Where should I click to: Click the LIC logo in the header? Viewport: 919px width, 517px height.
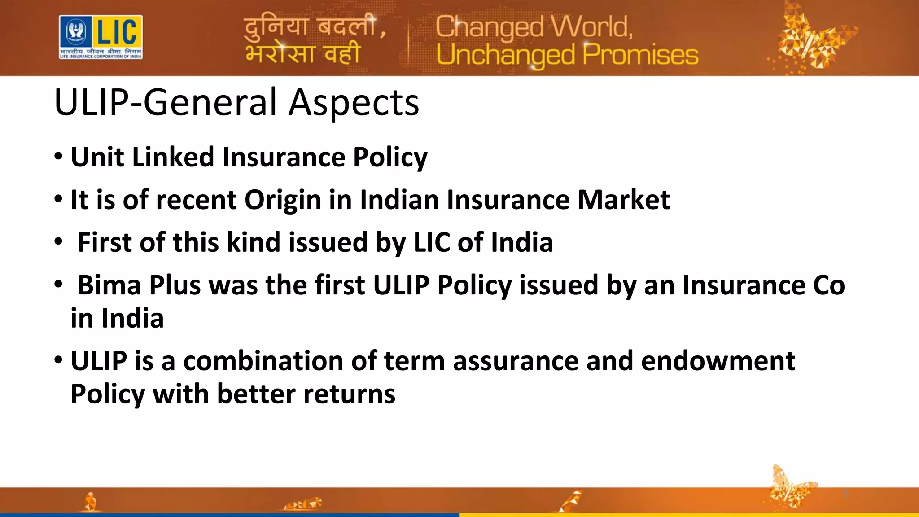(101, 37)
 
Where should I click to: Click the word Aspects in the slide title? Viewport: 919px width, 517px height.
(353, 103)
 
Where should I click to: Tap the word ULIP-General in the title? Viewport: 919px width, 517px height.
(166, 103)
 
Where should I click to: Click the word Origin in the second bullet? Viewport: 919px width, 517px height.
(282, 200)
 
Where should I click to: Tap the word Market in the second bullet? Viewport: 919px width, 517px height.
(623, 200)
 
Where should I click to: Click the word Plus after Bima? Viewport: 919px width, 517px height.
(175, 285)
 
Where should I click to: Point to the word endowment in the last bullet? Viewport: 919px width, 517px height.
(718, 361)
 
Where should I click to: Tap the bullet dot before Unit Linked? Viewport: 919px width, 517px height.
(58, 158)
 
